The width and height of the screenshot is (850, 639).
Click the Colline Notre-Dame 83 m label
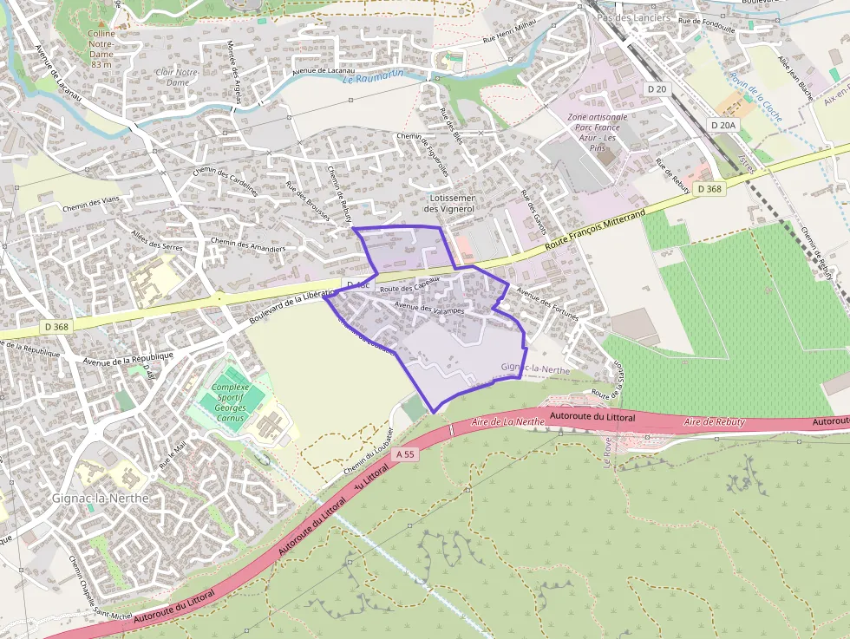click(101, 49)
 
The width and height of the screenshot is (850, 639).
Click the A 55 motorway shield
click(404, 453)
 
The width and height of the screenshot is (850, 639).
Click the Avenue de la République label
click(128, 356)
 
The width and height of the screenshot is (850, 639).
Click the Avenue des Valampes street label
click(429, 308)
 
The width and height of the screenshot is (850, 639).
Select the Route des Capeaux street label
click(410, 284)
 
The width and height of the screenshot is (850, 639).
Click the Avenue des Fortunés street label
click(546, 303)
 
